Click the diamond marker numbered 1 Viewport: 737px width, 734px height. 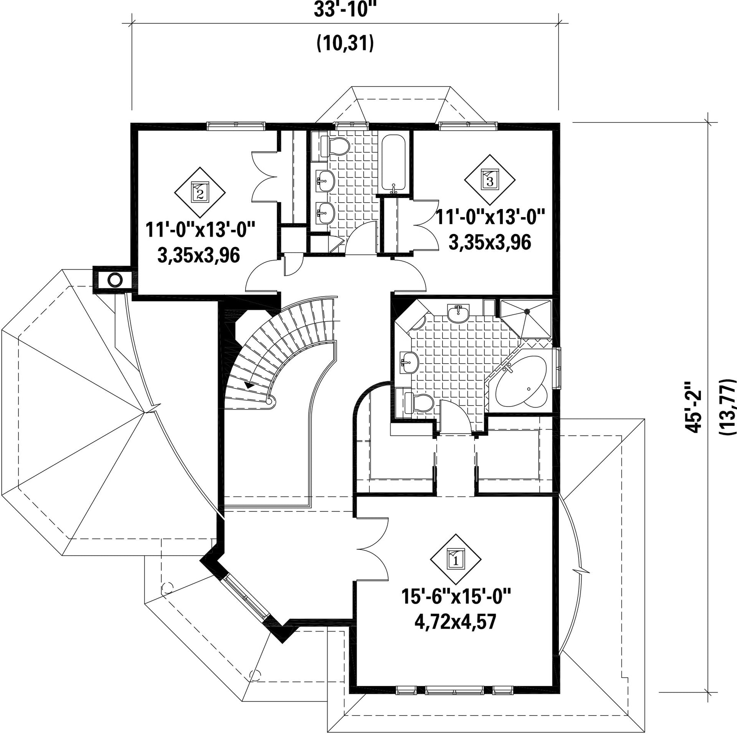[x=455, y=559]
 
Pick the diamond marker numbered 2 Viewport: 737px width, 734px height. [x=200, y=193]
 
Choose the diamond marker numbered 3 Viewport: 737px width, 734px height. [x=490, y=180]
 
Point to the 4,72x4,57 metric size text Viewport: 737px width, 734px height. [x=455, y=622]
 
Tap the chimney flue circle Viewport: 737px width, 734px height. [x=115, y=280]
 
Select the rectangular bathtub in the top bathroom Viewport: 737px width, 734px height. [x=393, y=164]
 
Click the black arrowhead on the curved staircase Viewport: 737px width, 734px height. [x=249, y=385]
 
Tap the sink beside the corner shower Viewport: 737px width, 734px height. [x=458, y=314]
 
